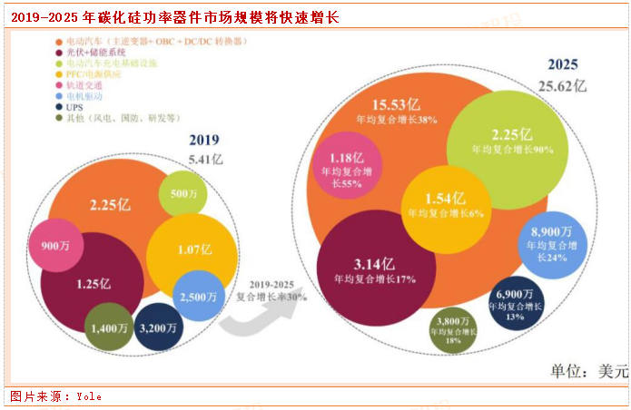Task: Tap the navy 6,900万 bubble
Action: coord(516,302)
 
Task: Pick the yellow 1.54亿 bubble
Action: coord(446,205)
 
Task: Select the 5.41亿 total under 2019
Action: coord(203,160)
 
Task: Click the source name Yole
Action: coord(89,396)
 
